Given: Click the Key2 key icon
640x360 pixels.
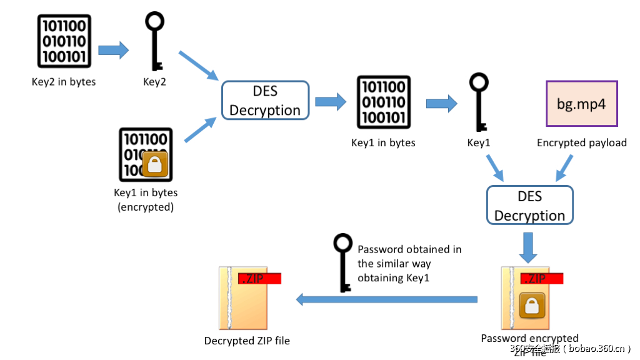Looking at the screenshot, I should [x=154, y=41].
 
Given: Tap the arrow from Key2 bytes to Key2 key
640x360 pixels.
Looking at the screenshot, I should [x=113, y=50].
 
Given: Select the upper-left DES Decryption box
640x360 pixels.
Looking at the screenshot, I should [x=265, y=101].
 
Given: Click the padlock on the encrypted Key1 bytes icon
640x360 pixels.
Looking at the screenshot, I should [x=155, y=164].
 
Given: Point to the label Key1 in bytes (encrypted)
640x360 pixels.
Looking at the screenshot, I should [x=146, y=199].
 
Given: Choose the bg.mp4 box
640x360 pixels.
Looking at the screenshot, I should [x=581, y=104].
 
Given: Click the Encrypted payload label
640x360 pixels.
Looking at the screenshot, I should [x=581, y=143].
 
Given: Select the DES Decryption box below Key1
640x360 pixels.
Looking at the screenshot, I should [x=529, y=206].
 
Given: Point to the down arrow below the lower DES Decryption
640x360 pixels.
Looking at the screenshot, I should [x=529, y=247].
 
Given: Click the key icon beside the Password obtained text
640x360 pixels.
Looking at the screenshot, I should [x=342, y=262].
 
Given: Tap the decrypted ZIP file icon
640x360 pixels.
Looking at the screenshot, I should [x=246, y=299].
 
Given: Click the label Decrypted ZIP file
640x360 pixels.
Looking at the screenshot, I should [x=247, y=341].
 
